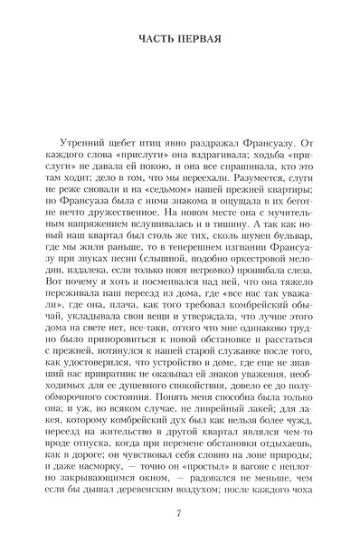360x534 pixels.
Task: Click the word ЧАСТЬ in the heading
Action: (155, 39)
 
